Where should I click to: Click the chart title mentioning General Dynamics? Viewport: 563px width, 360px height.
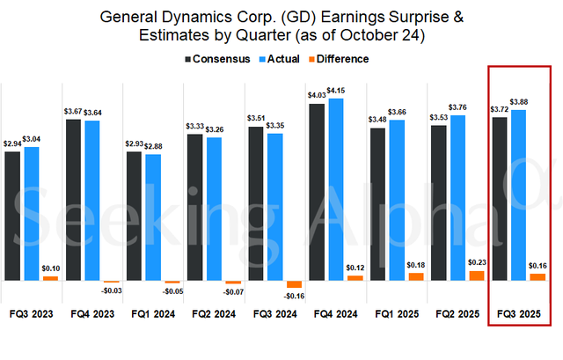[x=281, y=26]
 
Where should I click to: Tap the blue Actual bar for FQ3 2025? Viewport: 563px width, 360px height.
[x=519, y=195]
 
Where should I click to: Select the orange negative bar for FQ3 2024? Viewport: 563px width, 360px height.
[x=294, y=284]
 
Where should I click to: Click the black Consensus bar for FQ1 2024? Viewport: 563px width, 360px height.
[x=135, y=216]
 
